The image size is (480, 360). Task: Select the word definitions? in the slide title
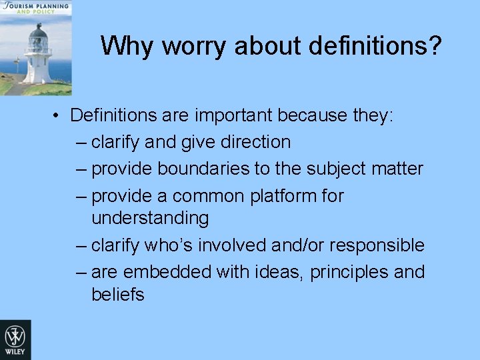[372, 46]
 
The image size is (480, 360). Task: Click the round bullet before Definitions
[59, 115]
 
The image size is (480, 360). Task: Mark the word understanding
[150, 218]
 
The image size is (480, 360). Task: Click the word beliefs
[118, 295]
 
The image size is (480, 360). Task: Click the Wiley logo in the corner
[15, 339]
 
